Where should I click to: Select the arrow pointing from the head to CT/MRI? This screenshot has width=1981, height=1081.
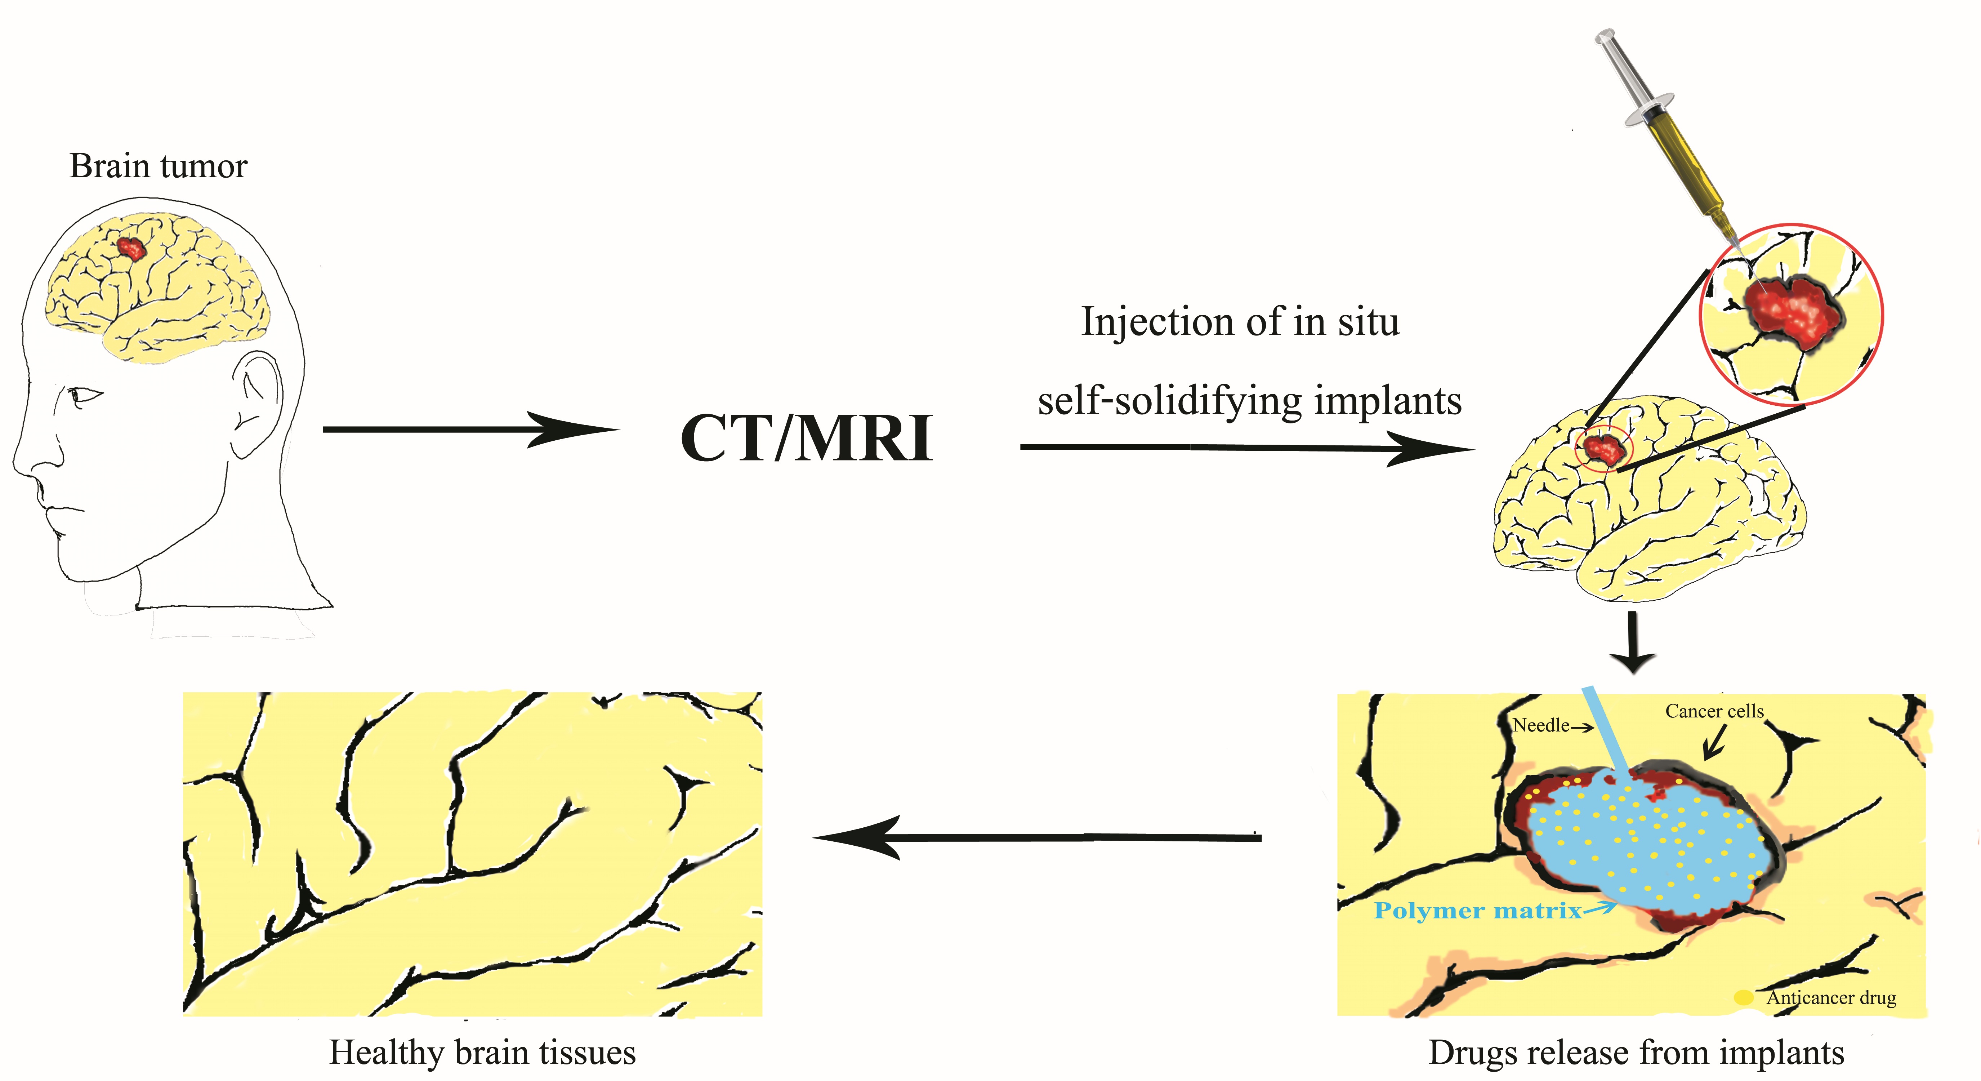(x=469, y=429)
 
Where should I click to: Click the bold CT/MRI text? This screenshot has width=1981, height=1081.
(x=806, y=439)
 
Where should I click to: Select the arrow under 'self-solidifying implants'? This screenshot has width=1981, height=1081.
(x=1246, y=448)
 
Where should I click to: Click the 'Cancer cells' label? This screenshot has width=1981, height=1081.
(x=1714, y=712)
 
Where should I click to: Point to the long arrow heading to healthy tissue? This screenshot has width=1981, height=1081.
(x=1038, y=838)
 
